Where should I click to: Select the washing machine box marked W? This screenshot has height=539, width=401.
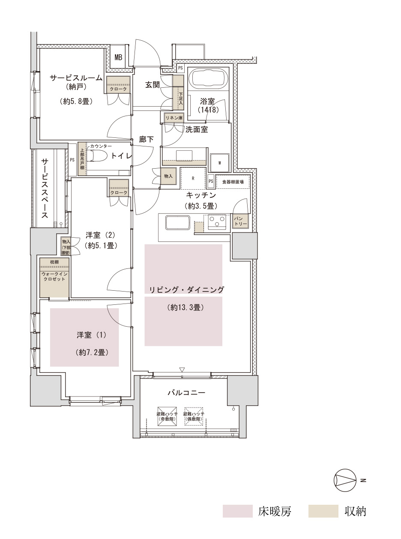point(219,162)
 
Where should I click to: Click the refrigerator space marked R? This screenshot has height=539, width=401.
point(193,178)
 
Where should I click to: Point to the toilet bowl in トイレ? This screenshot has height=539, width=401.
point(97,156)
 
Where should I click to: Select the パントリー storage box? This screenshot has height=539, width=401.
point(239,221)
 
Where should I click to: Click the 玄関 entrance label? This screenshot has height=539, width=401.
point(152,84)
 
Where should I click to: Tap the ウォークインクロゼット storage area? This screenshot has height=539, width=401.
point(54,278)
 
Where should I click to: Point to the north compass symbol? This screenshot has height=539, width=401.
point(345,480)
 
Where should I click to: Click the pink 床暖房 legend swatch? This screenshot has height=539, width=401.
point(237,511)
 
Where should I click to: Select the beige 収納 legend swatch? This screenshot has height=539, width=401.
point(323,511)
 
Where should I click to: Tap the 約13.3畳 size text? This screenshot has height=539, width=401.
point(183,307)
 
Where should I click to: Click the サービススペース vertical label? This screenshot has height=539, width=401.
point(45,188)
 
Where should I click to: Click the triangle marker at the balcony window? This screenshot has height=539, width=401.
point(182,369)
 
